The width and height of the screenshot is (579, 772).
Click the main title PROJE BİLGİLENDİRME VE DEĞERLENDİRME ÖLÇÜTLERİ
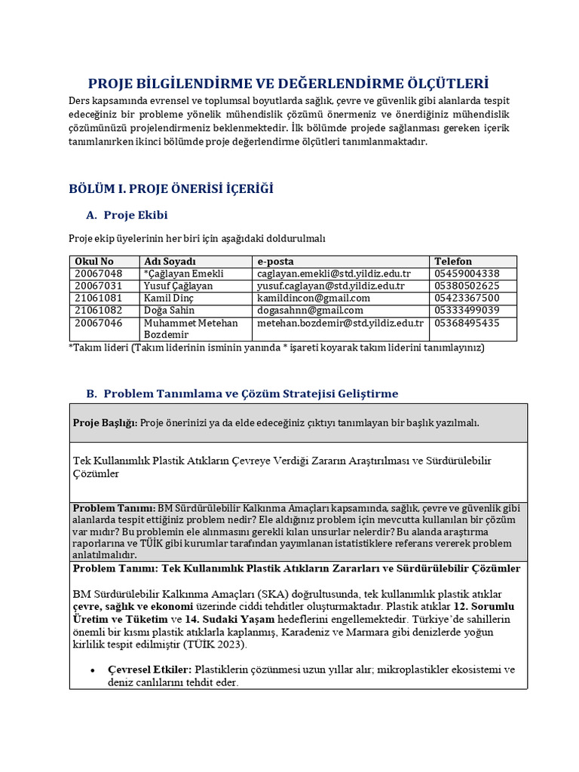(x=289, y=83)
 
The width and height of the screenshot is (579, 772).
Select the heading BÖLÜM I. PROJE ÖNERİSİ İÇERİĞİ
(x=171, y=188)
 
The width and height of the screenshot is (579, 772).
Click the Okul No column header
(x=94, y=261)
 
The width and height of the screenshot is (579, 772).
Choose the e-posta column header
(x=276, y=261)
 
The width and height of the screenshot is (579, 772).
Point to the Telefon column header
(x=453, y=261)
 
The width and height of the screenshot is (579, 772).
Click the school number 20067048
(x=98, y=273)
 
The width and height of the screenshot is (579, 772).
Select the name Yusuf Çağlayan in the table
(x=178, y=286)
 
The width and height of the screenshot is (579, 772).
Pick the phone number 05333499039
(x=467, y=310)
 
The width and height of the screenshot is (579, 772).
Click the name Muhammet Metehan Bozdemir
(x=190, y=328)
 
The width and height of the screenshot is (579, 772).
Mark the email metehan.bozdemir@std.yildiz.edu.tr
(x=340, y=323)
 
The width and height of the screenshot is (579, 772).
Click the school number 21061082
(x=98, y=310)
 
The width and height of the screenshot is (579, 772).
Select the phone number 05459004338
(x=467, y=273)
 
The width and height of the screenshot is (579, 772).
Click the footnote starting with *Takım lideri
(x=276, y=348)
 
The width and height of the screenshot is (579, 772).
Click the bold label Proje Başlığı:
(x=105, y=423)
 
